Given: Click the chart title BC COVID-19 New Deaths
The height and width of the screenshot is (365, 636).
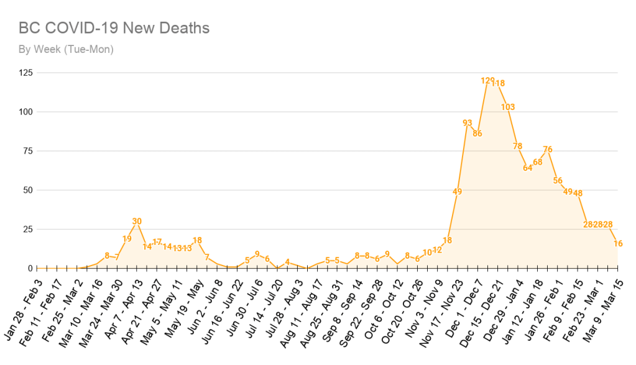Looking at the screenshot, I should tap(114, 28).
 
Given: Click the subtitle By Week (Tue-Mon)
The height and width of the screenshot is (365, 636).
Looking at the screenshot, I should tap(65, 49).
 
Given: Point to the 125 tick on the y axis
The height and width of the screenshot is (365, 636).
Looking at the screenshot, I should tap(26, 73).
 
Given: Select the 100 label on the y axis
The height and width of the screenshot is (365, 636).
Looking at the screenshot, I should tap(26, 112).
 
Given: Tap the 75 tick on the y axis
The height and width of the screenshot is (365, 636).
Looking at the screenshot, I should tap(28, 151).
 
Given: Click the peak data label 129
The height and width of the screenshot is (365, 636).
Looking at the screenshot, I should tap(487, 81).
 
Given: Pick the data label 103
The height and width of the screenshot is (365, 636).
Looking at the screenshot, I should tap(507, 107).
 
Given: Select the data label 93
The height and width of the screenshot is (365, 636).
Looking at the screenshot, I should tap(468, 122).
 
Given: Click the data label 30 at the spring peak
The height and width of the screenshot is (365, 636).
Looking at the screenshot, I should tap(137, 221).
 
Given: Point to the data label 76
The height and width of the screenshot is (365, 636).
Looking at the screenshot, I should tap(548, 149).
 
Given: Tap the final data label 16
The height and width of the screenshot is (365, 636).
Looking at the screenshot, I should tap(618, 244).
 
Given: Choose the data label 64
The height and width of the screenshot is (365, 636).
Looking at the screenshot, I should tap(528, 168).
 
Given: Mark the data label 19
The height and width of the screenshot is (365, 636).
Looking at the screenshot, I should tap(127, 239).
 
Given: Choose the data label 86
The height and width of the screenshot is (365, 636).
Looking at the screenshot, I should tap(477, 133).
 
